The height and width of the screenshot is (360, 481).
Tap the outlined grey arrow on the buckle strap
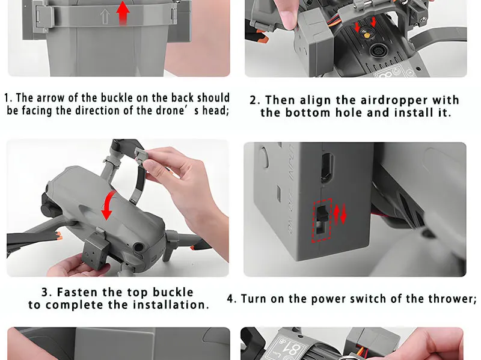105,17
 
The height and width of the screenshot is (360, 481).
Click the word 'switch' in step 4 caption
368,299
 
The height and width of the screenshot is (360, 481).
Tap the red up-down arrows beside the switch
340,214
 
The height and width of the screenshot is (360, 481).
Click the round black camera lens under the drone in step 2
378,50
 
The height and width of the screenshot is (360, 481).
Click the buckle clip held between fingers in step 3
142,154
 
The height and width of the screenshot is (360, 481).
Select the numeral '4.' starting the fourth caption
231,299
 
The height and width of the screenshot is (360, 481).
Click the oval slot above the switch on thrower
327,167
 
